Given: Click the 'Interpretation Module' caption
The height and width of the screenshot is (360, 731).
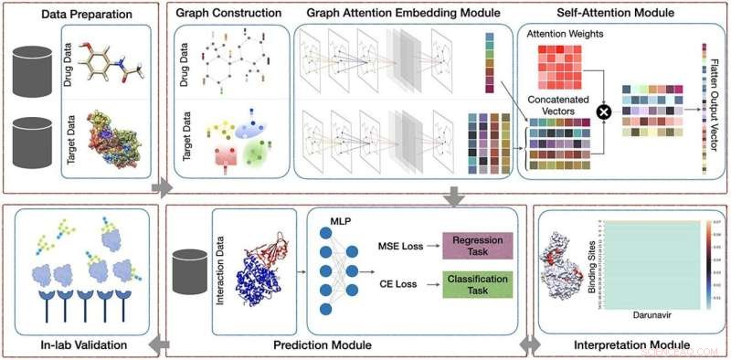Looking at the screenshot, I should point(630,345).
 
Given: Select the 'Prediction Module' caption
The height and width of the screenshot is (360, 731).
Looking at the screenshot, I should point(322,345).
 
